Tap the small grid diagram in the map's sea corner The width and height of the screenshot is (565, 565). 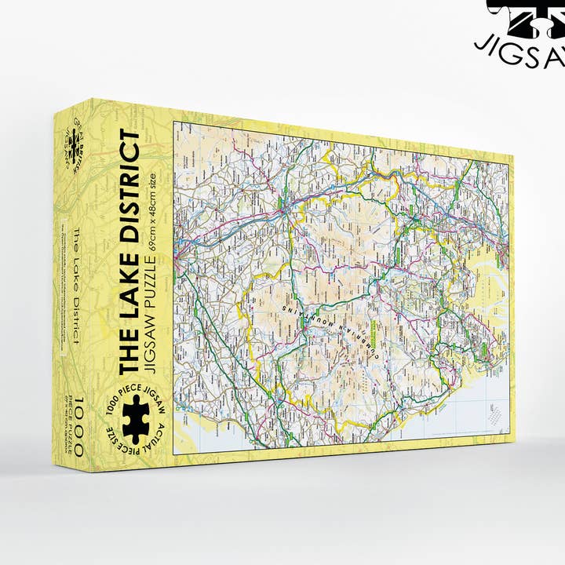[494, 416]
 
